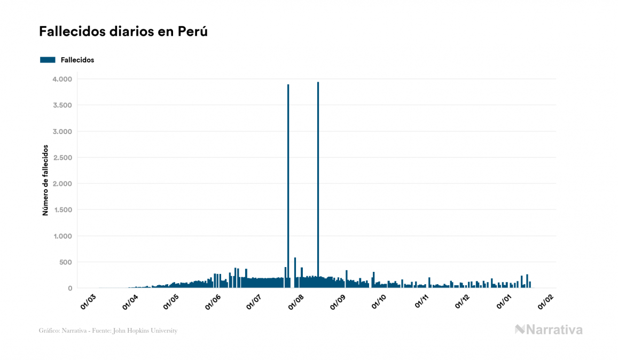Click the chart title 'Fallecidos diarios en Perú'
click(123, 32)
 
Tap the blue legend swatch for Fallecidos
click(48, 60)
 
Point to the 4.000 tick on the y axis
click(61, 79)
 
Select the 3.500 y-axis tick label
click(61, 105)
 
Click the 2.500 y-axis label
click(61, 158)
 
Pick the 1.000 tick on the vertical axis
click(62, 236)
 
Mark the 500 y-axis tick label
click(65, 262)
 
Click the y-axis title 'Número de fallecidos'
click(45, 180)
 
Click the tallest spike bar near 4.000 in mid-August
click(318, 182)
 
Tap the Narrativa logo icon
click(520, 330)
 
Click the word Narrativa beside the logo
click(554, 330)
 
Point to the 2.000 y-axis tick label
click(61, 184)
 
